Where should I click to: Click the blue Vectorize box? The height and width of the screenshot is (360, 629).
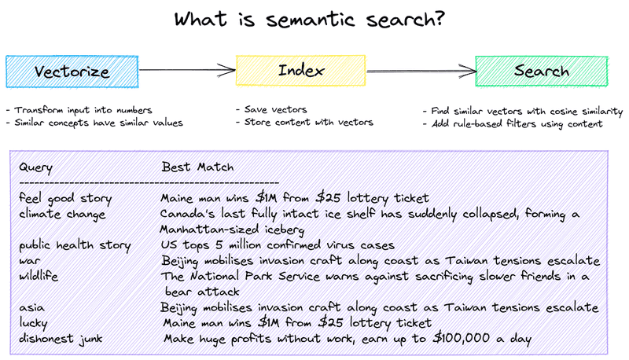[72, 72]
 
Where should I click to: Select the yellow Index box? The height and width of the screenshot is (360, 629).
[301, 71]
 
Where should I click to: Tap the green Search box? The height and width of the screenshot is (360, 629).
[542, 71]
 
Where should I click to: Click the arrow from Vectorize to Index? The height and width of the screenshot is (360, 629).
[187, 70]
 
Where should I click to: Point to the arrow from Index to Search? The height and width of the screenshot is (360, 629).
[421, 72]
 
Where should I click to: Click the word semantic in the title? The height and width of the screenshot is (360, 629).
[311, 20]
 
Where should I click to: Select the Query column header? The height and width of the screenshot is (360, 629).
[35, 167]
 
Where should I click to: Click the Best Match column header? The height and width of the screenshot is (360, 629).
[197, 167]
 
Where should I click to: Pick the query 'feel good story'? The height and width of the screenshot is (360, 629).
[65, 198]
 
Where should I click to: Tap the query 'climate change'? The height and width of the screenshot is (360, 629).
[62, 214]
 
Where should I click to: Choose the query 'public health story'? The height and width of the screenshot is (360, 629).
[75, 245]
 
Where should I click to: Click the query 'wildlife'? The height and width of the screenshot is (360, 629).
[39, 276]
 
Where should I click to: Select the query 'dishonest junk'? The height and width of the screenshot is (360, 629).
[61, 339]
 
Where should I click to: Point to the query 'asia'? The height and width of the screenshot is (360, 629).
[31, 308]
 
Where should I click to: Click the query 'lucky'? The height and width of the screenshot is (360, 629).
[33, 323]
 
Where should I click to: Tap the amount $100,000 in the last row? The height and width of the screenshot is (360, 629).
[462, 338]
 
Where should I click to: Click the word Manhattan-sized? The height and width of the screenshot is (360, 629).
[209, 230]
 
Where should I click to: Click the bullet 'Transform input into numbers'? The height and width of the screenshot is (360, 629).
[79, 110]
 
